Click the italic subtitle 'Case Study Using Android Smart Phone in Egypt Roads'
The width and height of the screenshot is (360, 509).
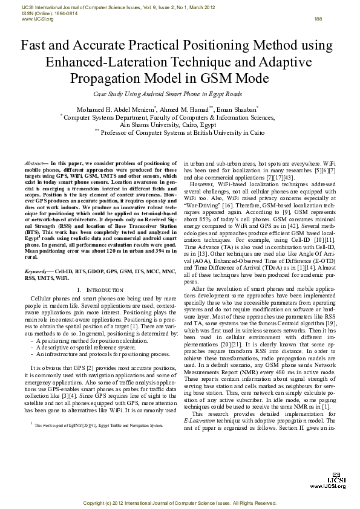[168, 94]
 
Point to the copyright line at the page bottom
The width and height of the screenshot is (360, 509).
[180, 503]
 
